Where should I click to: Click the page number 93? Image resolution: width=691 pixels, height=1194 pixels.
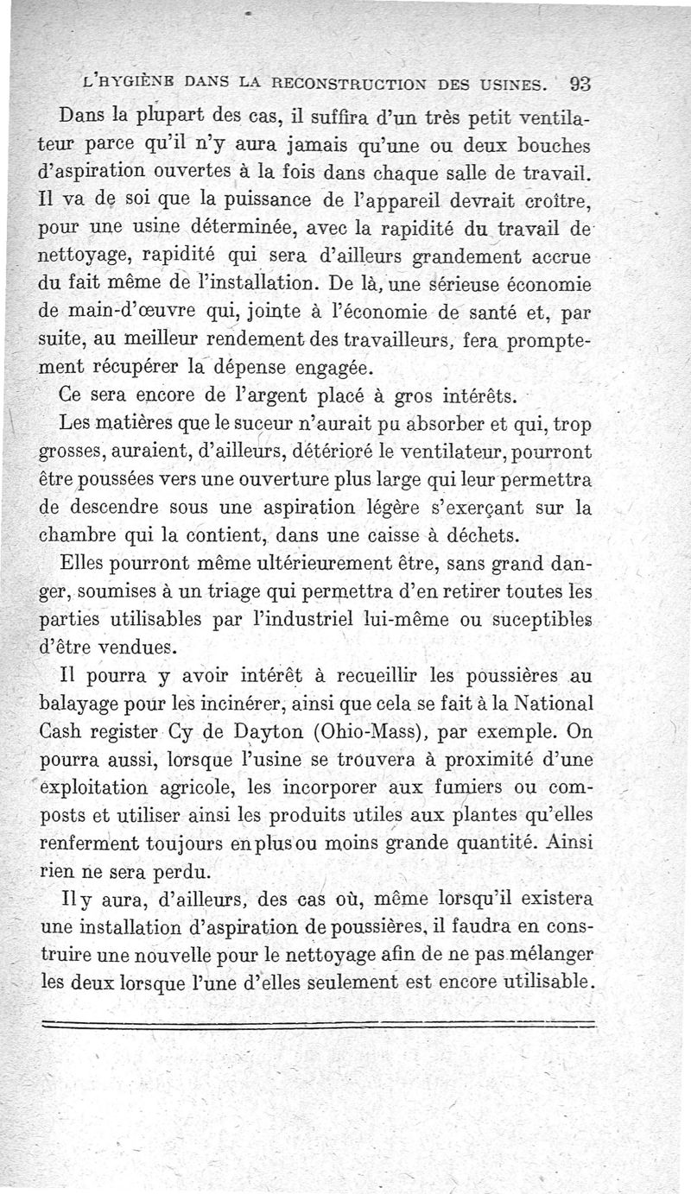tap(580, 84)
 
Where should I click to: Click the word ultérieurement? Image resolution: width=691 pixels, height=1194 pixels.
tap(308, 565)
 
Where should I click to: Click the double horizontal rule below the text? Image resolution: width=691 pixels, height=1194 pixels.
tap(320, 1025)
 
